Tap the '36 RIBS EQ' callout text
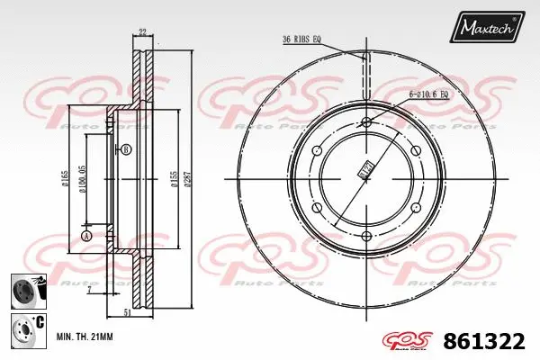click(x=303, y=39)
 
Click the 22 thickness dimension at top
click(x=143, y=33)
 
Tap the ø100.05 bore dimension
click(x=84, y=180)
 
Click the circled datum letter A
click(x=85, y=236)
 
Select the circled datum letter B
click(x=126, y=148)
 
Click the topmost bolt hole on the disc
click(x=367, y=123)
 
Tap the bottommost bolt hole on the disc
click(x=367, y=237)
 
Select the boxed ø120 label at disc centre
click(x=365, y=168)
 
